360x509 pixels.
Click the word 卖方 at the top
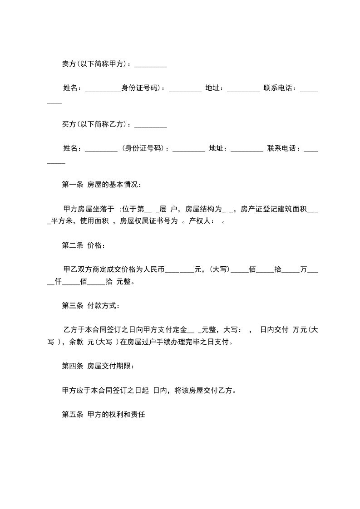click(x=69, y=64)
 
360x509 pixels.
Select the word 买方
click(x=69, y=124)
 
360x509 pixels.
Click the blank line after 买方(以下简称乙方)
click(x=151, y=126)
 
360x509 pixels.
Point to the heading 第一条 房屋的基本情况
click(x=101, y=185)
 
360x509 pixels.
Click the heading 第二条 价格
click(x=83, y=245)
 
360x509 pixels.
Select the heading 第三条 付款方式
click(x=90, y=306)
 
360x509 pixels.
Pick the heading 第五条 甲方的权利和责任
click(x=103, y=415)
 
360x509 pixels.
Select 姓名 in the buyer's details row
click(x=70, y=148)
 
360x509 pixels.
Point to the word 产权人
click(x=198, y=221)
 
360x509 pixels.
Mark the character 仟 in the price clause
click(x=58, y=281)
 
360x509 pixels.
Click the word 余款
click(x=76, y=342)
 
